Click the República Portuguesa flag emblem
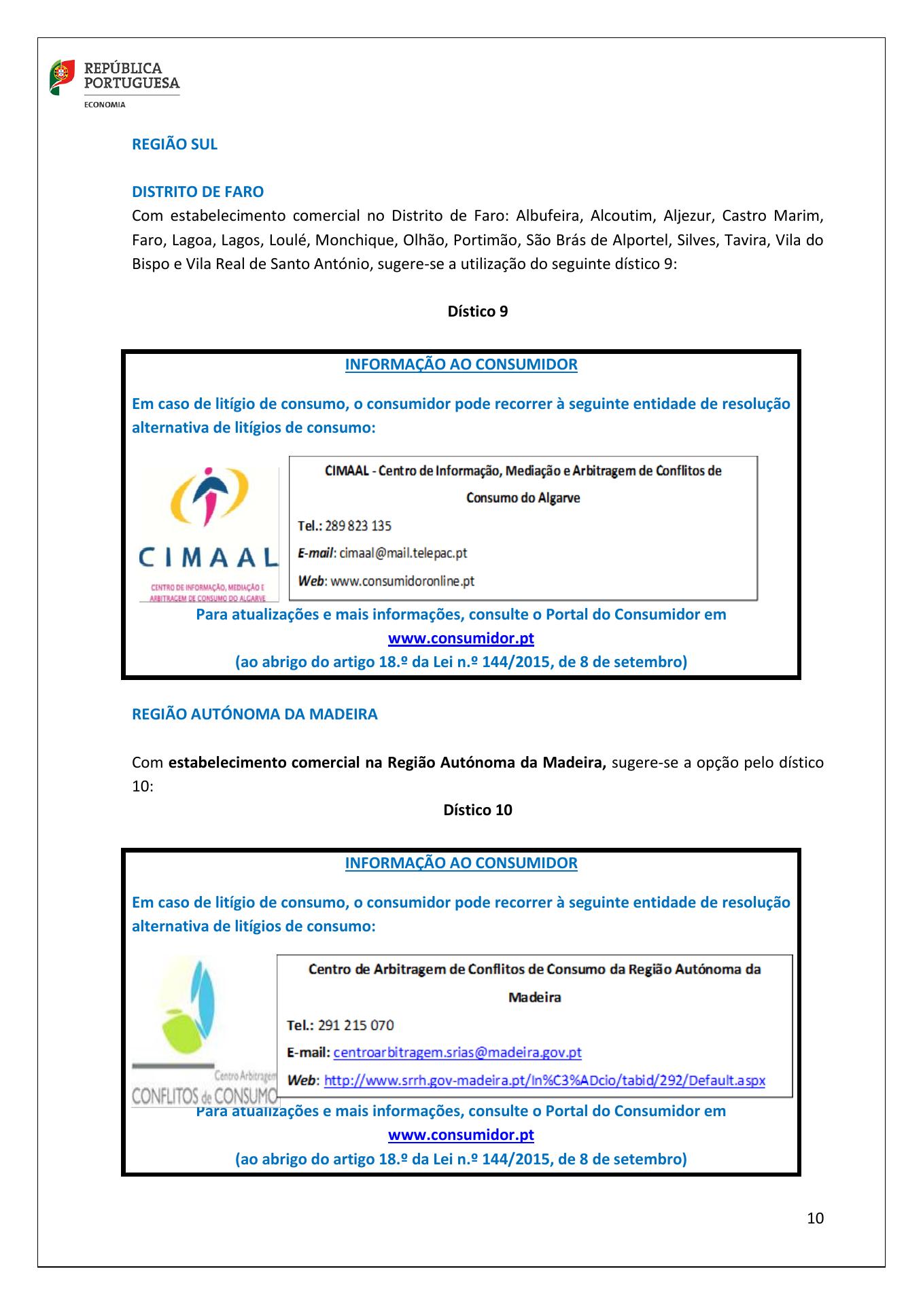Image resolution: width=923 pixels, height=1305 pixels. pos(62,77)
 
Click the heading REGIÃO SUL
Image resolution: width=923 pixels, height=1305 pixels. pos(175,144)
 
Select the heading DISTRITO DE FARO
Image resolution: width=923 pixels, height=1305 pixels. pos(198,192)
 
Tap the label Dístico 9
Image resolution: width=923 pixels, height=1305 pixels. pos(477,311)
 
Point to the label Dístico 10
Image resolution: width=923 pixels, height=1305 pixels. pos(477,810)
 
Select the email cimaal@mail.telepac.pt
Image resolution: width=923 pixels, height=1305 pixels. pos(402,553)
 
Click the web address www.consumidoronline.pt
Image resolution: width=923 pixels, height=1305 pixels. pos(402,581)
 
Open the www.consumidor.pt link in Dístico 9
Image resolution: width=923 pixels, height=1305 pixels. pos(461,639)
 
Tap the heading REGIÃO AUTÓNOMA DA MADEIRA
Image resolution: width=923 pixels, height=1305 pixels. pos(255,714)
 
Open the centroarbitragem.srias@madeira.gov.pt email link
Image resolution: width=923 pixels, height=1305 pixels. pos(457,1053)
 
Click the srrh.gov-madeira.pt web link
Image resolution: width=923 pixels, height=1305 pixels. pos(544,1080)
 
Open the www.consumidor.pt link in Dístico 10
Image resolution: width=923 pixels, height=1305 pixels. pos(461,1135)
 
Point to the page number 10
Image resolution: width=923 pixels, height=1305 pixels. pos(815,1218)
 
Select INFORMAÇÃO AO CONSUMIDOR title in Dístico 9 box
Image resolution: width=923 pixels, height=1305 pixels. pos(461,364)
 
